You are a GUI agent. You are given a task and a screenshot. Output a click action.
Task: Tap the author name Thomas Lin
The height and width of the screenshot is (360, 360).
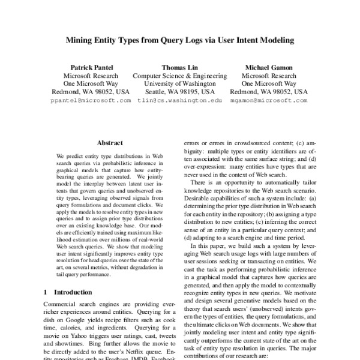pos(179,68)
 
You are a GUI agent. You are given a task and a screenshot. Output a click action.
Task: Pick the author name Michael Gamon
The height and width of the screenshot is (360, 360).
pos(268,68)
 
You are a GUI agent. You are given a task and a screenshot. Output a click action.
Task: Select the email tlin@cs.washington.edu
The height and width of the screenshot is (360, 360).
pos(179,101)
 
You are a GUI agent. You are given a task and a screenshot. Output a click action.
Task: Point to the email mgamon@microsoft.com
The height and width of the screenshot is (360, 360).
pos(268,101)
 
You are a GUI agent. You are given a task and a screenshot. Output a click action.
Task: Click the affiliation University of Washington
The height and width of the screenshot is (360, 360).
pos(179,85)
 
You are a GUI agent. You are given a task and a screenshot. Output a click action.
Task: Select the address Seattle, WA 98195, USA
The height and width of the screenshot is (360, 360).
pos(179,93)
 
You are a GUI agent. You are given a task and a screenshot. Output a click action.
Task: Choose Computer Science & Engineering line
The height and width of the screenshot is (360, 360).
pos(179,76)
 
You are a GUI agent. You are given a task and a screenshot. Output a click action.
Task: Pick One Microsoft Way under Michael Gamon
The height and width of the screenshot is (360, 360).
pos(268,85)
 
